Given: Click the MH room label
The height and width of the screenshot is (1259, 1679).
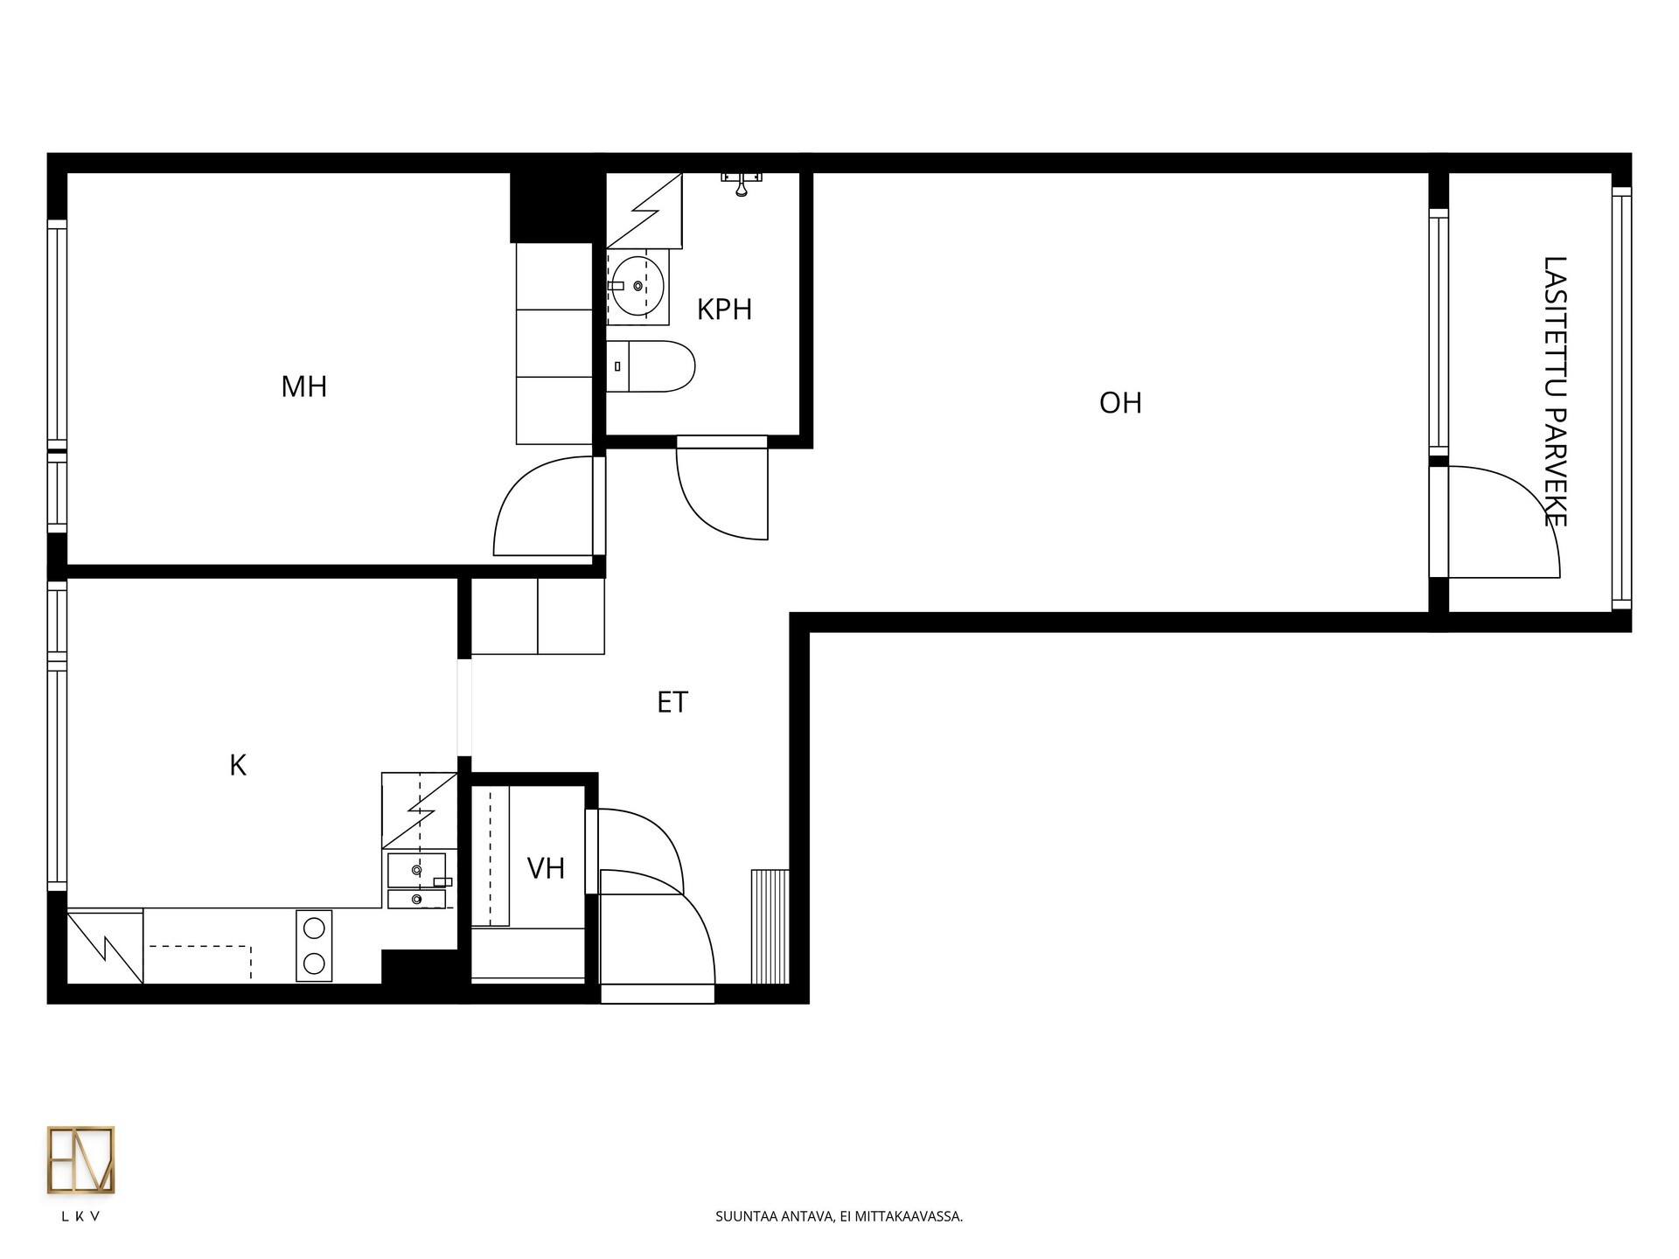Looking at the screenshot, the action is [x=303, y=386].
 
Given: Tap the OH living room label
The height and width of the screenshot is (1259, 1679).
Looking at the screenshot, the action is [x=1120, y=403].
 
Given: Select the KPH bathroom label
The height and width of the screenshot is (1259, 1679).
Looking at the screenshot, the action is [x=724, y=310].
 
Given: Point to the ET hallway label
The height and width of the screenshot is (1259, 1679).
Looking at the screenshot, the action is [x=672, y=702].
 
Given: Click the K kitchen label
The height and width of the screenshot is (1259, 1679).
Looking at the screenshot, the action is [x=238, y=766].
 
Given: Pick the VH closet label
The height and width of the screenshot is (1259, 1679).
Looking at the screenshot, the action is [x=546, y=868].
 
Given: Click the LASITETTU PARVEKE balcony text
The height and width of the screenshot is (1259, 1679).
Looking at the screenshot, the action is [x=1555, y=392].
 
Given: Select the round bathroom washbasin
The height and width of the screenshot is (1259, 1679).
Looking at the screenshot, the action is [x=637, y=286].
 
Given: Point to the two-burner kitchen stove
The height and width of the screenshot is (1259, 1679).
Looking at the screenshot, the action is [x=314, y=945].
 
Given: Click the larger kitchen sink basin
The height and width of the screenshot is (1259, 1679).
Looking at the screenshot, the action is [x=417, y=870].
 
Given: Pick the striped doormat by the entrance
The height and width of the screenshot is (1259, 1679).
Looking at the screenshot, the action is [x=770, y=927].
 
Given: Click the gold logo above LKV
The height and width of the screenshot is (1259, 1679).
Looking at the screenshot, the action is [x=80, y=1160].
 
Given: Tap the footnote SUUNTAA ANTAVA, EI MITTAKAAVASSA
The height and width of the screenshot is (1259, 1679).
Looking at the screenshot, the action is [x=839, y=1216].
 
